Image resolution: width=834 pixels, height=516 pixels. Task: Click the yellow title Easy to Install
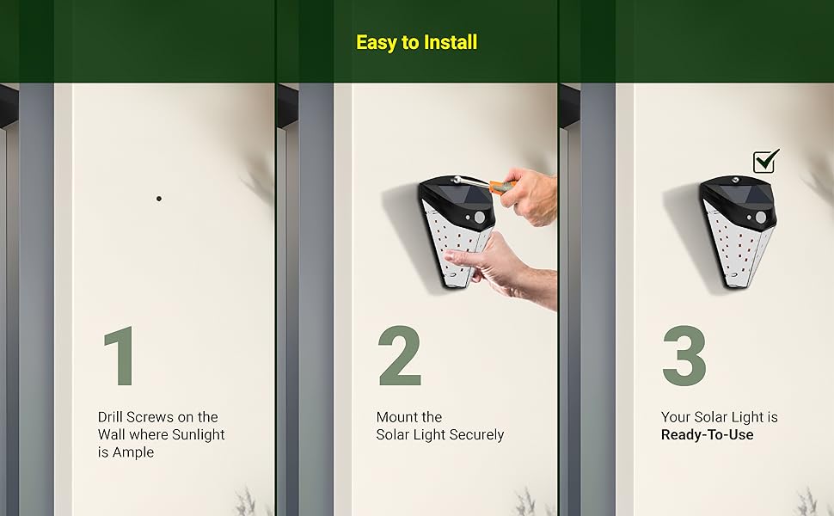coord(416,42)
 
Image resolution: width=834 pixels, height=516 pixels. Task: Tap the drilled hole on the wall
coord(158,199)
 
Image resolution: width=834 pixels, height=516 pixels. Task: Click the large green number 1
coord(120,355)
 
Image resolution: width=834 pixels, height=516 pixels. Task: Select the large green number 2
coord(400,355)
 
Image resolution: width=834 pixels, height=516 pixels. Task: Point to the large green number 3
coord(684,355)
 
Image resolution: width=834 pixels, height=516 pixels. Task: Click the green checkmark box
coord(765,161)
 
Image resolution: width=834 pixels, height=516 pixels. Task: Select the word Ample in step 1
coord(133,452)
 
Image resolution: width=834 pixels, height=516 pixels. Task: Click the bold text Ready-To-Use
coord(707,434)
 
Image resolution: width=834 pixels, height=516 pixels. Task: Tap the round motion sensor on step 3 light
coord(761,218)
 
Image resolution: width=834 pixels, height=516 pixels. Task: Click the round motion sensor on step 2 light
coord(480,218)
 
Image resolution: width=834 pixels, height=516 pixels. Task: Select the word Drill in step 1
coord(110,417)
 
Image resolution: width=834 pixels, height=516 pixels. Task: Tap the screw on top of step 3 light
coord(737,181)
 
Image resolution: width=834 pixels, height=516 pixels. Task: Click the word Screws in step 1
coord(150,417)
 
